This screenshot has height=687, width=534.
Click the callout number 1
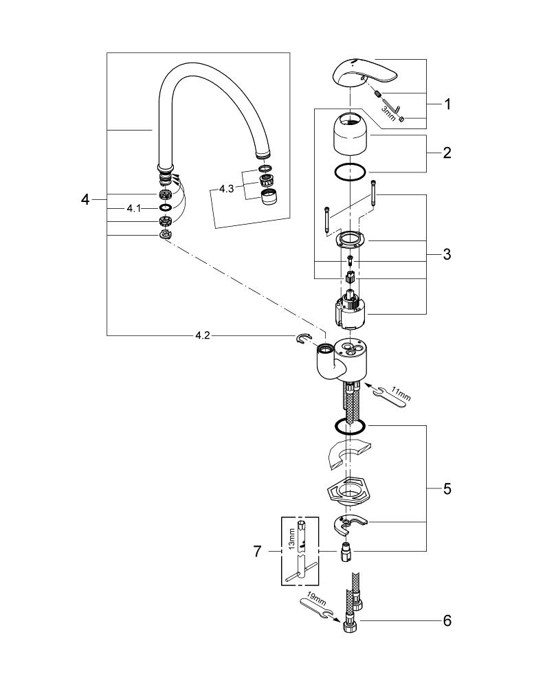pos(447,104)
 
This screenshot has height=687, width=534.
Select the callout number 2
pos(447,153)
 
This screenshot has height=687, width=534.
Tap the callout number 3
pos(447,254)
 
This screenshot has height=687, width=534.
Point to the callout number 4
pos(85,199)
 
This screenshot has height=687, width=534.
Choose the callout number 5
pos(447,488)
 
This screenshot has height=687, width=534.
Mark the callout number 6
pos(447,621)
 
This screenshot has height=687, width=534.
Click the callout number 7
pos(258,551)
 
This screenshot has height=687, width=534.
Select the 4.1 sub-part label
pos(133,207)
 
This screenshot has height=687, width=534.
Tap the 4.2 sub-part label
pos(203,335)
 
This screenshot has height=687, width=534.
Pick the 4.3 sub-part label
pos(227,188)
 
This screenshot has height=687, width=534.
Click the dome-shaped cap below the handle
pos(350,133)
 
